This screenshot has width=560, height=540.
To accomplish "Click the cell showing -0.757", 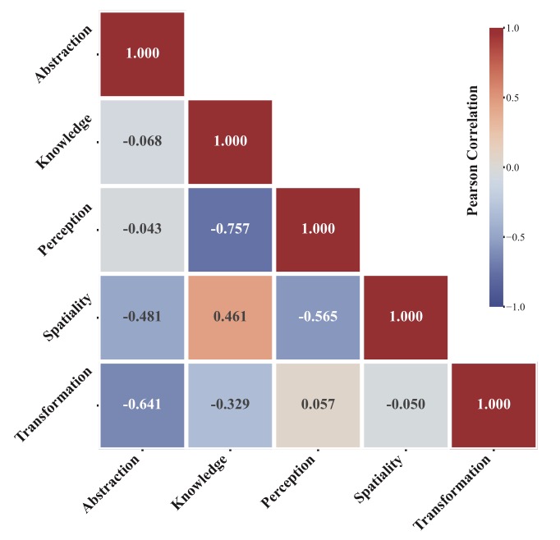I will pyautogui.click(x=230, y=229).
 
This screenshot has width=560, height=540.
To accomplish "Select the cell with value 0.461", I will pyautogui.click(x=230, y=317).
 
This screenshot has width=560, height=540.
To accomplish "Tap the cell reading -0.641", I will pyautogui.click(x=142, y=405).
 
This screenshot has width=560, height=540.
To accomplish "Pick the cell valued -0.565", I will pyautogui.click(x=318, y=317).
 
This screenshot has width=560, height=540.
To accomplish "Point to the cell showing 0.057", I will pyautogui.click(x=318, y=405).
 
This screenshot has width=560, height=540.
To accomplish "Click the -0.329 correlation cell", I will pyautogui.click(x=230, y=405).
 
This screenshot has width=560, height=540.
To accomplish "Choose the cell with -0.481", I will pyautogui.click(x=142, y=317).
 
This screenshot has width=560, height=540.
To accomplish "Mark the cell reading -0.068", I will pyautogui.click(x=142, y=141).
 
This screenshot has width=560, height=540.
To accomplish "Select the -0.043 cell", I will pyautogui.click(x=142, y=229).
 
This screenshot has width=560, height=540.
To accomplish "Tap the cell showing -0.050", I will pyautogui.click(x=406, y=405).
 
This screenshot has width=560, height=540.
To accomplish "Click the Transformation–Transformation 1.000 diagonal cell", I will pyautogui.click(x=493, y=405).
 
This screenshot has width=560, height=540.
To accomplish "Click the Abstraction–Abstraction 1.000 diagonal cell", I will pyautogui.click(x=142, y=53).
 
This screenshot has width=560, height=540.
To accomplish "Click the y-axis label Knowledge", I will pyautogui.click(x=62, y=142).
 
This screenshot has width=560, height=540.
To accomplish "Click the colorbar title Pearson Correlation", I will pyautogui.click(x=472, y=167).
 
